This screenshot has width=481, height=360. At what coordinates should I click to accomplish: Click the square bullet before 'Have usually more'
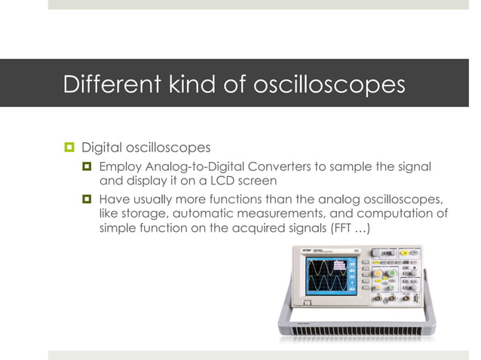click(87, 200)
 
